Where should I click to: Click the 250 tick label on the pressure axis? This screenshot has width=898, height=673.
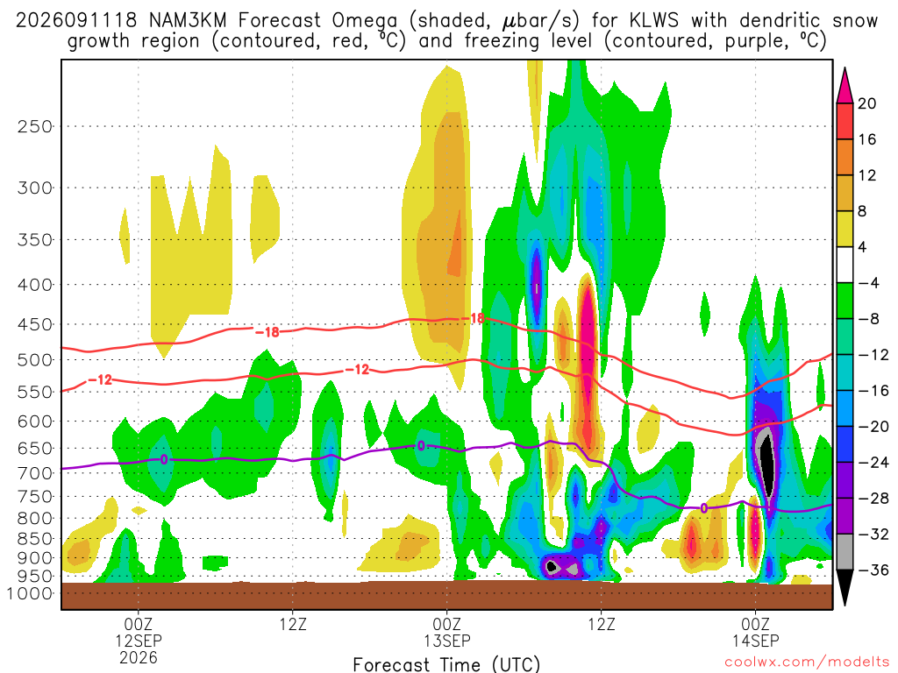click(x=35, y=126)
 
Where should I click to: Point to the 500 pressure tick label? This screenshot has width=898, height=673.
click(x=35, y=360)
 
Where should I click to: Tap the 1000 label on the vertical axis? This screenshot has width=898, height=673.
click(x=29, y=593)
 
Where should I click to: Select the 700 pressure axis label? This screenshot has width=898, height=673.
click(x=35, y=473)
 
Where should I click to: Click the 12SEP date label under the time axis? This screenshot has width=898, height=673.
click(x=139, y=641)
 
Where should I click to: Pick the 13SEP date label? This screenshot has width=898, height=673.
click(x=446, y=641)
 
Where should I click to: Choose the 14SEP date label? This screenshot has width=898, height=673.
click(x=755, y=641)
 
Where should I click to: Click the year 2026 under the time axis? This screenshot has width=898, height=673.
click(x=139, y=657)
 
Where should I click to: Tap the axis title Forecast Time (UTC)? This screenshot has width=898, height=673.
click(x=446, y=664)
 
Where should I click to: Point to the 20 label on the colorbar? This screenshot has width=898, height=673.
click(x=866, y=103)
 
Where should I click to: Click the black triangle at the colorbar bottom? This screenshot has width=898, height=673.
click(x=845, y=585)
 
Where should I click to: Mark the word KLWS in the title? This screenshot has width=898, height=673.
click(x=653, y=21)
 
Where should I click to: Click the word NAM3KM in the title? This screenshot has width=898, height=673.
click(x=188, y=21)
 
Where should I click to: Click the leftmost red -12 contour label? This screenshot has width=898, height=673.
click(x=100, y=379)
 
